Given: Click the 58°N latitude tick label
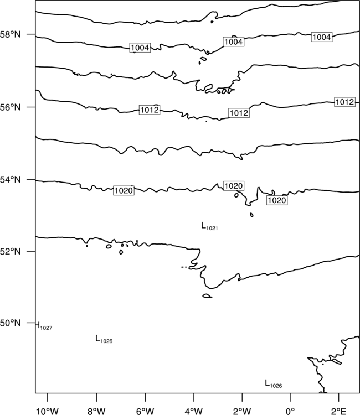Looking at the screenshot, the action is pos(11,34).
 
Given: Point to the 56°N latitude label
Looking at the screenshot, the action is pos(11,107).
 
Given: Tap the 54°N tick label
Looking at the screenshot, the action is pos(11,180).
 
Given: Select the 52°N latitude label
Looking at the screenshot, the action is pos(11,251).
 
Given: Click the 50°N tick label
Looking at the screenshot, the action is pos(11,323).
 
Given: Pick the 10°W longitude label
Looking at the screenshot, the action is pos(48,411).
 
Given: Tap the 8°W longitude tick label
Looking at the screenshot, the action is pos(96,411).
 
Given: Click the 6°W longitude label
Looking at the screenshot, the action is pos(145,411).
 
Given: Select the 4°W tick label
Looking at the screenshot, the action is pos(194,411).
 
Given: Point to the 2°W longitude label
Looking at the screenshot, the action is pos(242,411).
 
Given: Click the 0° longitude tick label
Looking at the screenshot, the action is pos(290,411).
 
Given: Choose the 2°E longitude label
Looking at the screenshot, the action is pos(339,411).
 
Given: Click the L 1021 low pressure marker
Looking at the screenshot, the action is pos(209,226).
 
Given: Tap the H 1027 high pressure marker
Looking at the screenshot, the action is pos(44,326).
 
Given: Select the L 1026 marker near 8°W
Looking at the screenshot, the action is pos(104,339).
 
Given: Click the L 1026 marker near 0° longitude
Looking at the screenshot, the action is pos(274,384).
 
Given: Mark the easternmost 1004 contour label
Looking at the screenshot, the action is pos(322,37).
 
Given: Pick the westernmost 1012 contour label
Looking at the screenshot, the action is pos(150,110).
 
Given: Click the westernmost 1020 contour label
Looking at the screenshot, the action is pos(124,190).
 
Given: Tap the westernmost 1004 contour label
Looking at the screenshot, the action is pos(140,48).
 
